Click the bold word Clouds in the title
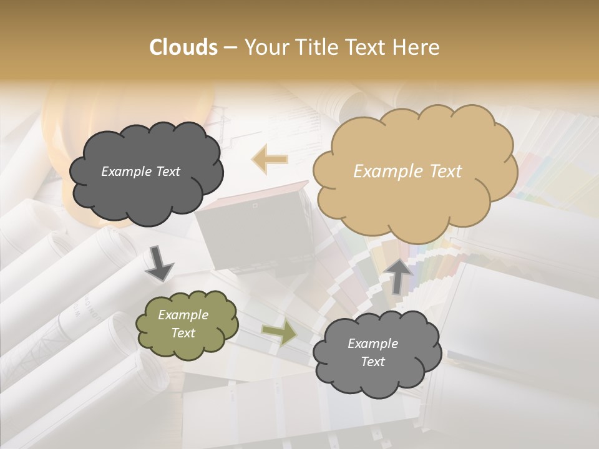[x=183, y=47]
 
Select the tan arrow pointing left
[x=270, y=160]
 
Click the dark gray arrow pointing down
[x=158, y=263]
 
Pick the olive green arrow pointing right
[x=280, y=334]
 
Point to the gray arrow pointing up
[x=399, y=275]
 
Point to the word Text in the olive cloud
[x=183, y=333]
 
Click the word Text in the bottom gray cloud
[x=373, y=362]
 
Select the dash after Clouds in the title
[x=230, y=48]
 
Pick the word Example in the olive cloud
[x=183, y=315]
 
